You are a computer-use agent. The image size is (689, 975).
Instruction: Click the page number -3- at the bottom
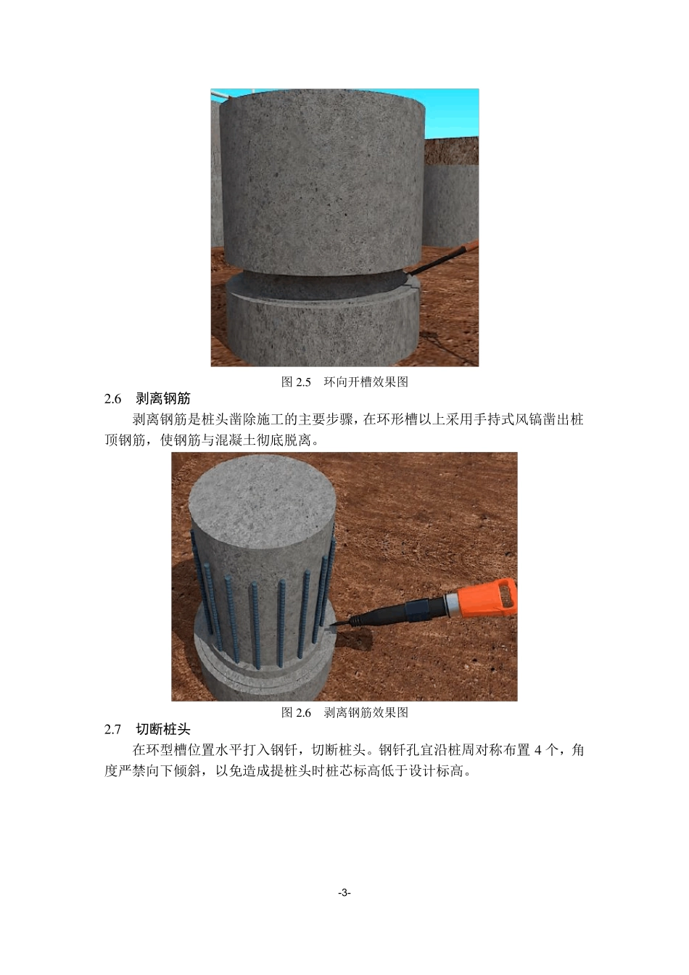click(x=344, y=893)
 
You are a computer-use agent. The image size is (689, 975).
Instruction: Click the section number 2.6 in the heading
click(x=112, y=399)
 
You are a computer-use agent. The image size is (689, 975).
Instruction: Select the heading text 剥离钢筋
click(x=163, y=399)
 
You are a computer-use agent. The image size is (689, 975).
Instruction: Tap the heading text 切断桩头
click(x=163, y=729)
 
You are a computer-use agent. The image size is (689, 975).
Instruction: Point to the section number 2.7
click(x=112, y=730)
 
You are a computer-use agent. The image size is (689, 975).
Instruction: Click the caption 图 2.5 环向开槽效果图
click(x=344, y=382)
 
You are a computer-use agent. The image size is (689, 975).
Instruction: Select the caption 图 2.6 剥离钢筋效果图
click(x=344, y=712)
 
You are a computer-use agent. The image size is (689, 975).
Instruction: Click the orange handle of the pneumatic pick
click(x=488, y=598)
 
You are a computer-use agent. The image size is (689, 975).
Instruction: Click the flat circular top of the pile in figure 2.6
click(x=262, y=499)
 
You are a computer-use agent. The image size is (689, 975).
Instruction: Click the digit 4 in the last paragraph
click(x=537, y=750)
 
